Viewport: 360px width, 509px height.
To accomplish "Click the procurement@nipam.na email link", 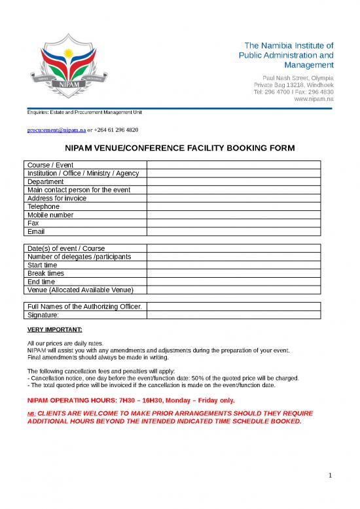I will pyautogui.click(x=56, y=130).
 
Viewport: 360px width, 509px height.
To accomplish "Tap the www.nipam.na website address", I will pyautogui.click(x=314, y=99).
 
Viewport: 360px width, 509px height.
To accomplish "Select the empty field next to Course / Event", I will pyautogui.click(x=234, y=164).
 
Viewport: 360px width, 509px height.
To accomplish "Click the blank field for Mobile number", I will pyautogui.click(x=234, y=215).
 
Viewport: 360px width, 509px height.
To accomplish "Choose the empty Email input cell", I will pyautogui.click(x=234, y=231).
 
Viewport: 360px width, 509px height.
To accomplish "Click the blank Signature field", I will pyautogui.click(x=234, y=315).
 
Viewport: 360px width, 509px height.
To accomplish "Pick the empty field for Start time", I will pyautogui.click(x=234, y=265).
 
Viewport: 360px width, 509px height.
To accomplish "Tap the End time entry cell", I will pyautogui.click(x=234, y=282).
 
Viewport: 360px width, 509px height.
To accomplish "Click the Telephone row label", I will pyautogui.click(x=43, y=206).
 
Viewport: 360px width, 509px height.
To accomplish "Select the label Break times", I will pyautogui.click(x=46, y=273).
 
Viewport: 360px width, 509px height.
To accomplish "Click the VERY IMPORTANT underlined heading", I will pyautogui.click(x=55, y=330).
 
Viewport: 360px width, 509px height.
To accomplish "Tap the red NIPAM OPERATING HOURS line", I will pyautogui.click(x=131, y=400).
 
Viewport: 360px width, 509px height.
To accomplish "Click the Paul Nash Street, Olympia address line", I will pyautogui.click(x=298, y=77).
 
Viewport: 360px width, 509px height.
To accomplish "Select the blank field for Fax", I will pyautogui.click(x=234, y=223).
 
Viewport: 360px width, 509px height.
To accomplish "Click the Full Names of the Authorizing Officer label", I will pyautogui.click(x=84, y=307).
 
